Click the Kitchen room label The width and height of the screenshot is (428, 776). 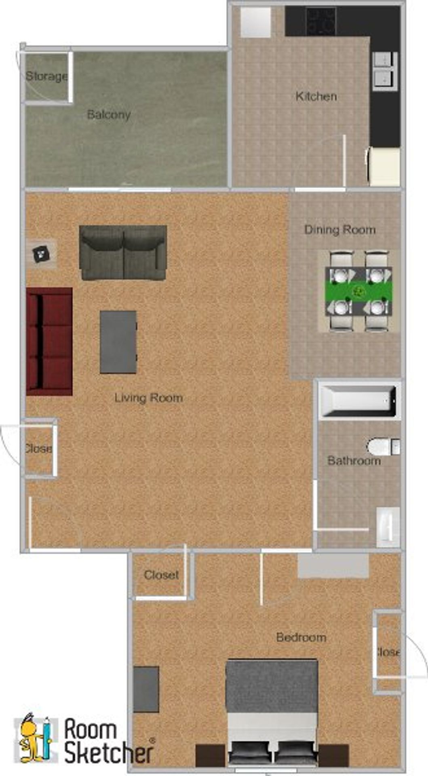316,97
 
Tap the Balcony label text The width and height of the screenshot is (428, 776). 109,115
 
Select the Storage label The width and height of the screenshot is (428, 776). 46,76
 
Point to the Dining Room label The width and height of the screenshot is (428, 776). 340,230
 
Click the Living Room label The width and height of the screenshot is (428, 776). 148,398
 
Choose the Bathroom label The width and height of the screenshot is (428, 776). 354,461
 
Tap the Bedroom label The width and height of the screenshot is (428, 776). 301,638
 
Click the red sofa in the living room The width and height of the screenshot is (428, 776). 49,342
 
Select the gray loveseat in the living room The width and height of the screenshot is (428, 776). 123,253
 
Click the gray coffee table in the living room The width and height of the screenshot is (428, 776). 118,342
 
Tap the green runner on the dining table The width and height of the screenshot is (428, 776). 358,290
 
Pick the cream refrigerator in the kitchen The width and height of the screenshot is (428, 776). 384,167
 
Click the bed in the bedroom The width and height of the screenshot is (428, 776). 272,711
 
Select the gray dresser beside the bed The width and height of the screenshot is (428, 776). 146,690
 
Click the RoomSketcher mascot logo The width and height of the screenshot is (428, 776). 34,738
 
